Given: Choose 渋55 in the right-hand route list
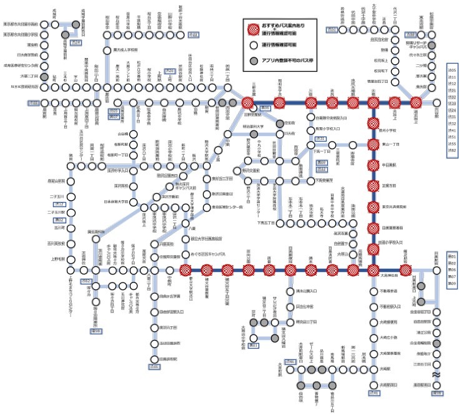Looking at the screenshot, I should pos(453,144).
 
